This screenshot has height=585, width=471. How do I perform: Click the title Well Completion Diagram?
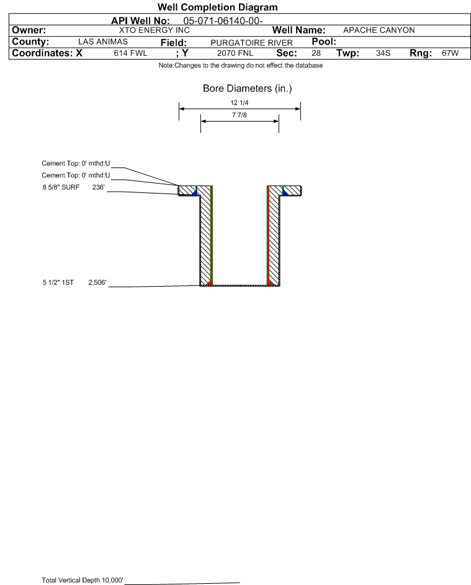point(218,7)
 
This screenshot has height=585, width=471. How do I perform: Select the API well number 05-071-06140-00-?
point(223,20)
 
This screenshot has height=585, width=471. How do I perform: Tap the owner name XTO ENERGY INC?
point(154,30)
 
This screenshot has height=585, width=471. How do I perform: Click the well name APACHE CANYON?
point(379,30)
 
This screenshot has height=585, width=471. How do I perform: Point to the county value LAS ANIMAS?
point(103,42)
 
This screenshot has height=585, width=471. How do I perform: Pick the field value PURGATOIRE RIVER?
point(251,43)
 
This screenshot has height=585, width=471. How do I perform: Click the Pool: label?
point(324,42)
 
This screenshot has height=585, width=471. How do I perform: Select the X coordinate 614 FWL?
point(130,53)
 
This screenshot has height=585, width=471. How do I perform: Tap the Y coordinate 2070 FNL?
point(235,53)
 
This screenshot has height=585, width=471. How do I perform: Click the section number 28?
point(316,53)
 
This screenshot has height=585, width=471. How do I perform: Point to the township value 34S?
point(384,53)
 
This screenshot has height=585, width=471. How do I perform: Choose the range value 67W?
point(450,53)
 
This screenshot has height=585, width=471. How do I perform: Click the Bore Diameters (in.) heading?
point(248,89)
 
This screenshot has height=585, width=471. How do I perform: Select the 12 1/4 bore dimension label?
point(240,102)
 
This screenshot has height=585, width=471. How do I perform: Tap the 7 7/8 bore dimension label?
point(240,115)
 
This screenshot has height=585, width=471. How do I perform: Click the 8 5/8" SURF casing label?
point(61,187)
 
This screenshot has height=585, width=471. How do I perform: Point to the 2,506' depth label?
point(97,282)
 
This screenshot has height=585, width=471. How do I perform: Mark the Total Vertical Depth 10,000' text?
point(83,580)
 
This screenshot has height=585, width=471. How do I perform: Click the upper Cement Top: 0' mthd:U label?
point(76,163)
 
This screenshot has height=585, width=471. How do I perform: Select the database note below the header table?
point(241,65)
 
